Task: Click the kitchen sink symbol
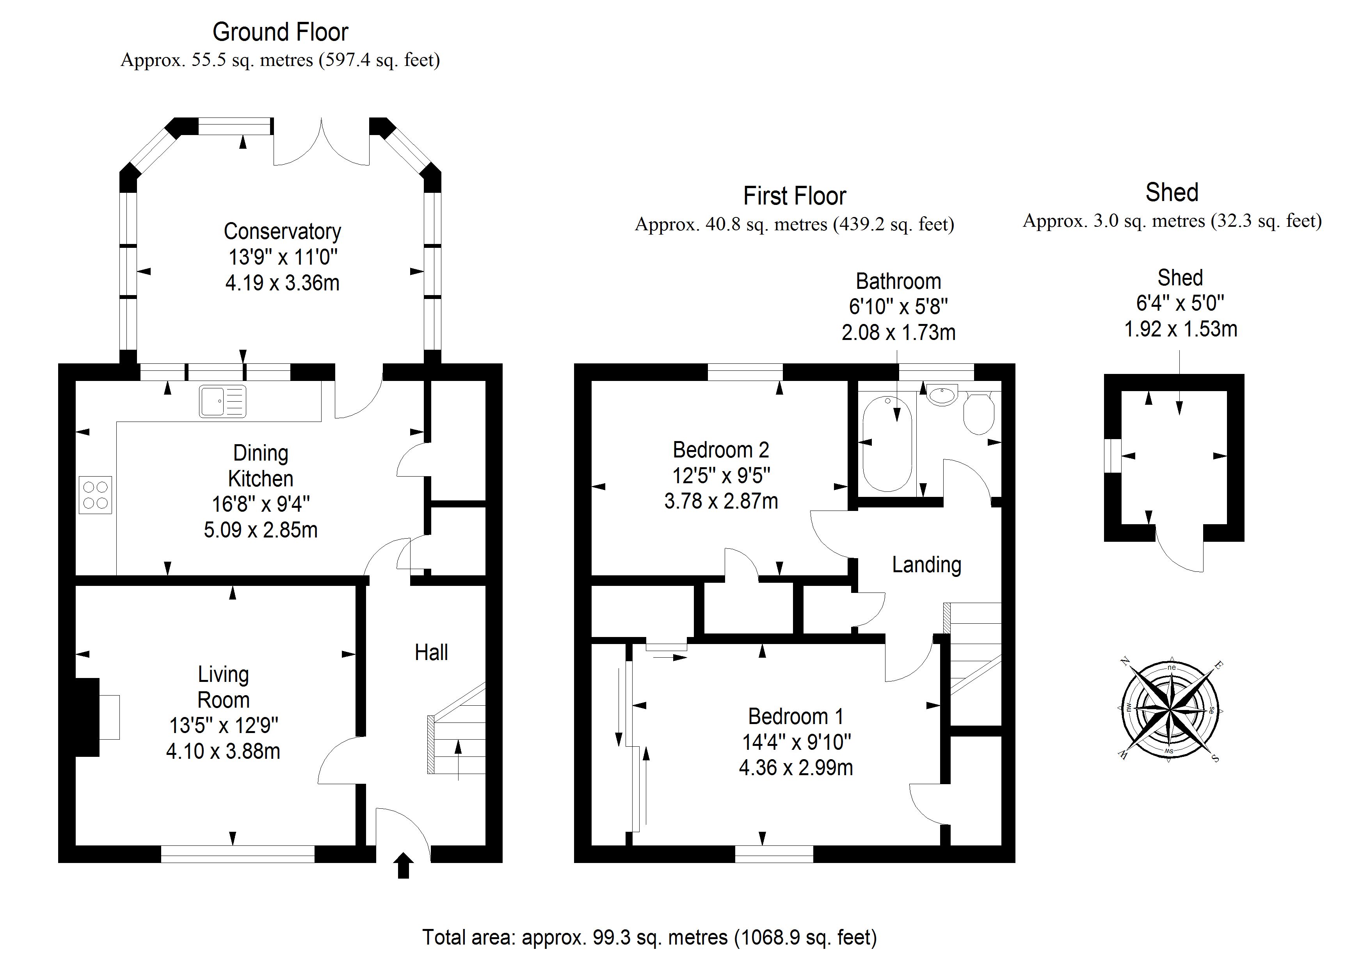click(222, 401)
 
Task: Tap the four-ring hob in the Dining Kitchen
click(95, 495)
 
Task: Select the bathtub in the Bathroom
click(887, 443)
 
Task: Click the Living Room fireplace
click(87, 717)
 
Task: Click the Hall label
click(431, 653)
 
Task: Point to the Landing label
click(926, 565)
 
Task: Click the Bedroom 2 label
click(721, 450)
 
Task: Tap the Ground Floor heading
click(280, 32)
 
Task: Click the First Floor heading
click(794, 196)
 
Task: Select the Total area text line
click(649, 937)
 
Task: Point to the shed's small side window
click(1112, 456)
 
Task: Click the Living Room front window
click(237, 854)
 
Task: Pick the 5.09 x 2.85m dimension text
click(261, 530)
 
